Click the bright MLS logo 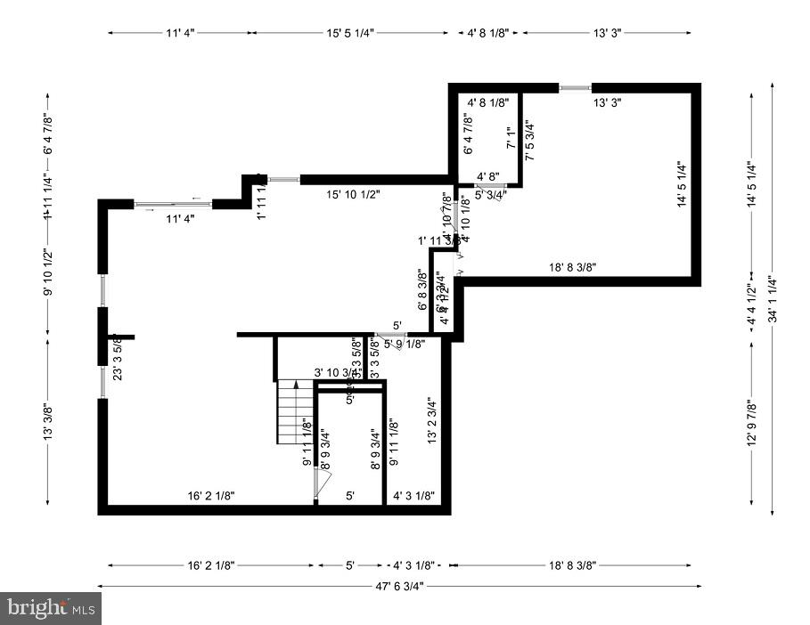point(51,608)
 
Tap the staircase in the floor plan point(295,411)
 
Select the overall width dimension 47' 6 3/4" point(398,586)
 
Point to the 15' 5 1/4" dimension point(350,33)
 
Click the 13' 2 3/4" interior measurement point(432,421)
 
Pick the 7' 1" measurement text point(511,139)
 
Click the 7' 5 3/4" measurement point(530,140)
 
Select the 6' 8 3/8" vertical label point(421,290)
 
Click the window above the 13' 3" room point(575,87)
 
